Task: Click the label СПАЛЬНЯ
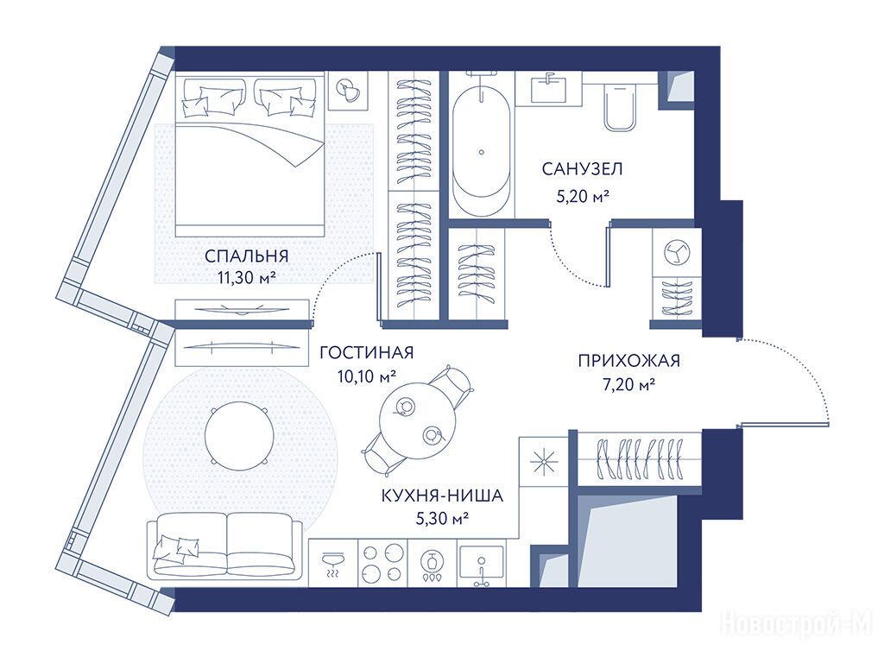point(246,256)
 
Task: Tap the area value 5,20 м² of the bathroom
point(583,196)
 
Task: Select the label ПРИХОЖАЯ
point(628,360)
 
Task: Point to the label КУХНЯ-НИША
point(442,496)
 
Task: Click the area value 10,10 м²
point(366,376)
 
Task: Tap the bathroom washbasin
point(548,89)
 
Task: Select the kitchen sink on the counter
point(481,564)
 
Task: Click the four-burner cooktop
point(382,564)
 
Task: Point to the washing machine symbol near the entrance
point(677,252)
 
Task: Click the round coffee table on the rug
point(239,436)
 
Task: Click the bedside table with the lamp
point(349,92)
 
